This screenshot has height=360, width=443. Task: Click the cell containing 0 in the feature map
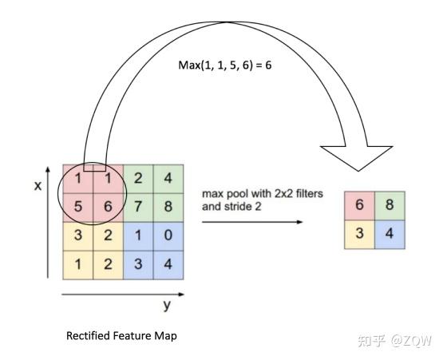pyautogui.click(x=168, y=236)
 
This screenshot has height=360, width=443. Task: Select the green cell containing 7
pyautogui.click(x=138, y=208)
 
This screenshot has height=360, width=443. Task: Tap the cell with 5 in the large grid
pyautogui.click(x=78, y=208)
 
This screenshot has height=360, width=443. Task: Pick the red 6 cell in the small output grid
pyautogui.click(x=359, y=206)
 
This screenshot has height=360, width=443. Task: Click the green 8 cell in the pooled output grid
pyautogui.click(x=390, y=206)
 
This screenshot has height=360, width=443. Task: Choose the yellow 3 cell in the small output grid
pyautogui.click(x=359, y=235)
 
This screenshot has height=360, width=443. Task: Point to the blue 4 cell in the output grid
pyautogui.click(x=390, y=235)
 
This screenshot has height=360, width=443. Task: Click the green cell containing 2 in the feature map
pyautogui.click(x=138, y=179)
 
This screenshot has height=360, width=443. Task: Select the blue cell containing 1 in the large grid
pyautogui.click(x=138, y=236)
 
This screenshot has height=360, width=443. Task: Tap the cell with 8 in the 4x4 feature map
pyautogui.click(x=168, y=208)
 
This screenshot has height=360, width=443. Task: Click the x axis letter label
pyautogui.click(x=38, y=186)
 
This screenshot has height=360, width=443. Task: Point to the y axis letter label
pyautogui.click(x=167, y=306)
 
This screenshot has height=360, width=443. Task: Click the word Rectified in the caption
pyautogui.click(x=88, y=336)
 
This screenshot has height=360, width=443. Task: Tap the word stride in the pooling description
pyautogui.click(x=238, y=207)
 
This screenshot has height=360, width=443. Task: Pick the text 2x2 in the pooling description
pyautogui.click(x=283, y=194)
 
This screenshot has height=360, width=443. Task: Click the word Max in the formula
pyautogui.click(x=189, y=65)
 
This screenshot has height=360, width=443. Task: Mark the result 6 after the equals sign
pyautogui.click(x=268, y=65)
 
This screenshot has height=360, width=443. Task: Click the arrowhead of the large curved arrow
pyautogui.click(x=357, y=159)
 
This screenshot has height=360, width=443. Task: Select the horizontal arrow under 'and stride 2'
pyautogui.click(x=252, y=222)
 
